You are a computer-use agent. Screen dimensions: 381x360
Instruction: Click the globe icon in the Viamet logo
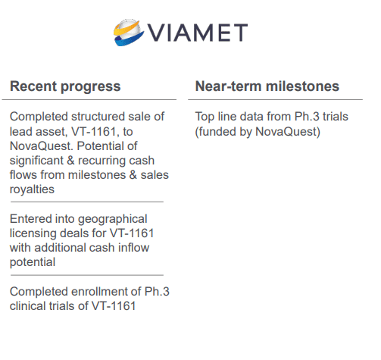pos(129,33)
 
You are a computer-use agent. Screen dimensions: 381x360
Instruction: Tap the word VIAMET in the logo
pos(198,33)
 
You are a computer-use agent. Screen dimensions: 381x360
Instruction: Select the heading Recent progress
pos(65,87)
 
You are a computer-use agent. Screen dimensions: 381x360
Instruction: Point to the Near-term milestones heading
pos(267,86)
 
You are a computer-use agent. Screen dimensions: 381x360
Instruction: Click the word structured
pos(98,117)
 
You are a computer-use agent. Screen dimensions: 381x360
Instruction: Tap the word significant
pos(36,161)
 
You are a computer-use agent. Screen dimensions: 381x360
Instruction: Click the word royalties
pos(32,189)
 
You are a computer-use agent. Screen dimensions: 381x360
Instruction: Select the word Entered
pos(30,219)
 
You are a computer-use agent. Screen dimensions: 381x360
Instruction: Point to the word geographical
pos(113,219)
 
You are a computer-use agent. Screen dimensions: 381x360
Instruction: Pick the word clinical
pos(27,306)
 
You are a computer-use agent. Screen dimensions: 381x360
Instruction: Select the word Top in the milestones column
pos(205,117)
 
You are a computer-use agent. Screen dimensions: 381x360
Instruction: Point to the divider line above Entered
pos(87,202)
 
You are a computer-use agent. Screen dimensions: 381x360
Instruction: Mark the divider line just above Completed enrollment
pos(87,275)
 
